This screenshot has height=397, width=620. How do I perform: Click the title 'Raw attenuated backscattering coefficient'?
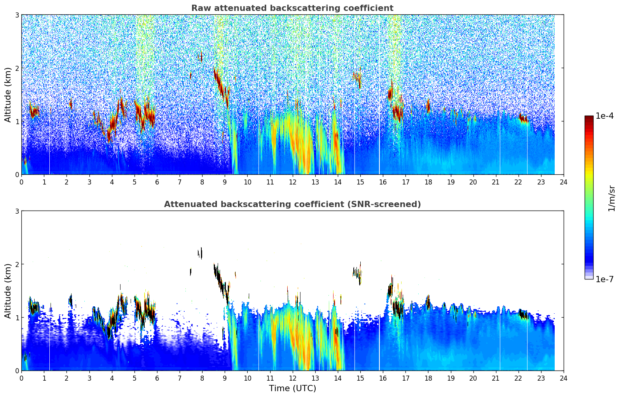[x=292, y=8]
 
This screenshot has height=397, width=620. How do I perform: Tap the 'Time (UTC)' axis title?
[x=292, y=388]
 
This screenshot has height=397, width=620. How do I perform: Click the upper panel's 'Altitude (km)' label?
[x=8, y=95]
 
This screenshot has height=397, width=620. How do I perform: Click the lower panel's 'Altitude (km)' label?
[x=8, y=291]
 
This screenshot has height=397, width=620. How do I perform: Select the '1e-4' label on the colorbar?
[x=604, y=116]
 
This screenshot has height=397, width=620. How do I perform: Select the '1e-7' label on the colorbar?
[x=604, y=279]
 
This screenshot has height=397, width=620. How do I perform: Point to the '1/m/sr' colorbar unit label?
[x=611, y=198]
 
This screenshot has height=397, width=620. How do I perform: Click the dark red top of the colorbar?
[x=589, y=118]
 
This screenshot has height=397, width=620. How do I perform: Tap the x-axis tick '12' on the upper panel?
[x=292, y=182]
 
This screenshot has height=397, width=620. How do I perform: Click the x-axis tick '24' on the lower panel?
[x=563, y=378]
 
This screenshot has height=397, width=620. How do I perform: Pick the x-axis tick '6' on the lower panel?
[x=157, y=378]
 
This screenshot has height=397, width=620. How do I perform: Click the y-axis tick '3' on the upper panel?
[x=17, y=15]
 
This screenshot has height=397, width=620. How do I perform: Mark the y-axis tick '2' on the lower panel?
[x=17, y=264]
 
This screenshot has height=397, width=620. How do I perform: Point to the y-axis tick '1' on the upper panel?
[x=17, y=121]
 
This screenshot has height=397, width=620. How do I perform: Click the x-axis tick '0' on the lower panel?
[x=21, y=378]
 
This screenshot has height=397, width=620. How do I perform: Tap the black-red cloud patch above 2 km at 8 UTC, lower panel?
[x=200, y=253]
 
